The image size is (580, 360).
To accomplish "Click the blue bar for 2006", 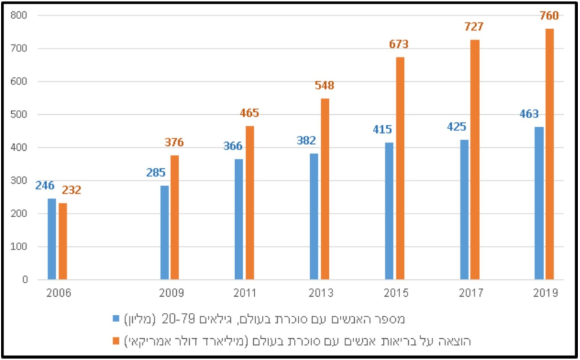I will (51, 239).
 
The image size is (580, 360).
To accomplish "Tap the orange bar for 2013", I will (324, 189).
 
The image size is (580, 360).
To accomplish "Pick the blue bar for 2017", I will (465, 209).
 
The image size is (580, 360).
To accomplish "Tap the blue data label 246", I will (45, 185).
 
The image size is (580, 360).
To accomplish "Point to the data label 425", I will (456, 127).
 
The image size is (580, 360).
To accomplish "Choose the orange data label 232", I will (71, 191).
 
